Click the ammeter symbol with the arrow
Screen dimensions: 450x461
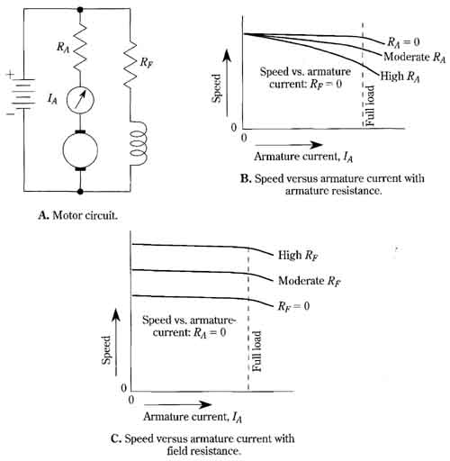tap(80, 100)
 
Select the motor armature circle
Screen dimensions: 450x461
tap(80, 149)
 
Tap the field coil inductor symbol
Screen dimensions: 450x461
tap(139, 143)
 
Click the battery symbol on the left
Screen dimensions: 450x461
tap(23, 94)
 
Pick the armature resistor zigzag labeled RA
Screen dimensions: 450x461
tap(80, 47)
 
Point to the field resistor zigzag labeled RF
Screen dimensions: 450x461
tap(130, 64)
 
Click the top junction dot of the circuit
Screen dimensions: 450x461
tap(80, 9)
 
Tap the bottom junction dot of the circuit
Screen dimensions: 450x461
tap(80, 191)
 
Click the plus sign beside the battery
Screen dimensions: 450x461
tap(11, 74)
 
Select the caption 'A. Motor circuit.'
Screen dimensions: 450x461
tap(78, 215)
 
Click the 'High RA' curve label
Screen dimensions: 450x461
tap(400, 77)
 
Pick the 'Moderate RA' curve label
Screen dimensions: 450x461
tap(415, 57)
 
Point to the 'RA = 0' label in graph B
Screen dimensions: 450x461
tap(403, 42)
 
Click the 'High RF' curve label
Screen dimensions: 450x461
tap(298, 256)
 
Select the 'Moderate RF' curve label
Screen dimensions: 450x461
tap(310, 281)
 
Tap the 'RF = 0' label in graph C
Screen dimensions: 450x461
tap(293, 306)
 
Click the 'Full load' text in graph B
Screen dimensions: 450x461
tap(370, 105)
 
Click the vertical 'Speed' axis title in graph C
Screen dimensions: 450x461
tap(106, 350)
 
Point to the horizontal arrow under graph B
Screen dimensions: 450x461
tap(289, 145)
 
